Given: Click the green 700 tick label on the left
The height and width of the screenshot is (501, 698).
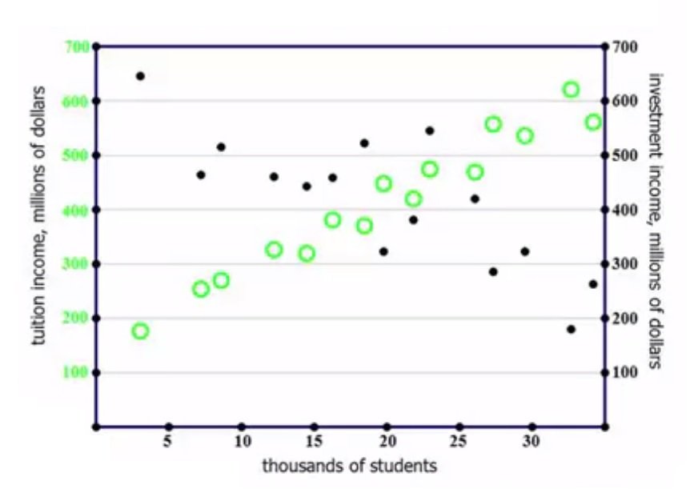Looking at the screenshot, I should (x=78, y=46).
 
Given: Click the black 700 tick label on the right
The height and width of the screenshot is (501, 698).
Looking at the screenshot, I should (x=625, y=47).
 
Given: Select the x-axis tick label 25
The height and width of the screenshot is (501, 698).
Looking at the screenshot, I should (x=459, y=442).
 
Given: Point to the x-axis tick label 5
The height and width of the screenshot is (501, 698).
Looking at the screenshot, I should (x=168, y=442).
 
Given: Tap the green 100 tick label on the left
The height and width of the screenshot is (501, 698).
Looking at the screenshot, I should (x=78, y=373).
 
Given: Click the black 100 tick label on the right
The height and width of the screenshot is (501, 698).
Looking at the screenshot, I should (x=625, y=373).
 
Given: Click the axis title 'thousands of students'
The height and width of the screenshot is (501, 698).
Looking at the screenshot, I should (x=350, y=466).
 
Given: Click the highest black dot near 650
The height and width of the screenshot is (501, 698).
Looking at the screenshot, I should (x=140, y=76).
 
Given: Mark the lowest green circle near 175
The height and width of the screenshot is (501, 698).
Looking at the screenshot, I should (x=140, y=331).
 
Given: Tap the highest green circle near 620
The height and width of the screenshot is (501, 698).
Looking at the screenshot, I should (x=571, y=90).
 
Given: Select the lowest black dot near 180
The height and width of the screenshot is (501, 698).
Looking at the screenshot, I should (x=571, y=329).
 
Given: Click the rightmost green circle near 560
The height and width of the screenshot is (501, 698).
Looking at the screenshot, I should (x=593, y=122).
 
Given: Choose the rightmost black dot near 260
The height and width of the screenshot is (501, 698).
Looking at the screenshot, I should (x=593, y=284).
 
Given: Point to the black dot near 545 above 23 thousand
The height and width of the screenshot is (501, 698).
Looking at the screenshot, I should (x=430, y=130).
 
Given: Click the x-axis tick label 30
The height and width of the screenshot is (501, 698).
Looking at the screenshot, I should (x=532, y=442).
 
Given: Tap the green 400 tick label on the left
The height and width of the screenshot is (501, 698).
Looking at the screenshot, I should (x=78, y=210).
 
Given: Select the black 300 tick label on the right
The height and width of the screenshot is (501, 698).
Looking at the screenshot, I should (x=625, y=264).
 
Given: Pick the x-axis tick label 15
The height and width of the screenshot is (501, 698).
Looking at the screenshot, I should (x=314, y=442).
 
